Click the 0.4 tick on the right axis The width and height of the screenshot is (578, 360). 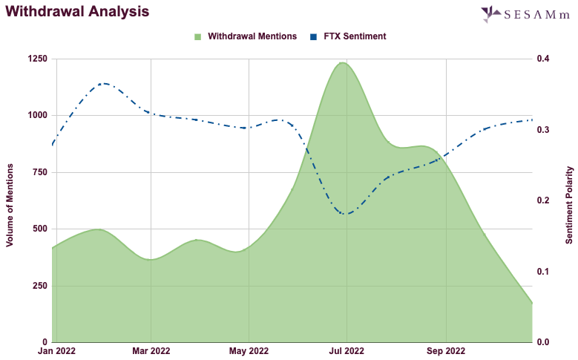543,59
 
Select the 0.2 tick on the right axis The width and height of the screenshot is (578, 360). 543,200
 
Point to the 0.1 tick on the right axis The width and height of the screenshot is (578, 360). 543,272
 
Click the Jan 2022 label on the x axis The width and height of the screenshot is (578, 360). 56,350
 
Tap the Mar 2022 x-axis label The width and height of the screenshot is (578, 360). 151,350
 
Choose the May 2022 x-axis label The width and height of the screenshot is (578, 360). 249,350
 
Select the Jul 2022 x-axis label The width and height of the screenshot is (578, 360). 347,350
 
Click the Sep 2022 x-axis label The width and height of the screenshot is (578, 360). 446,350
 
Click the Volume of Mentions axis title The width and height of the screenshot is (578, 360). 10,200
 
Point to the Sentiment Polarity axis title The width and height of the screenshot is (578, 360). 569,200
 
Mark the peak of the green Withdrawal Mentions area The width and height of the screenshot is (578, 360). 343,63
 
